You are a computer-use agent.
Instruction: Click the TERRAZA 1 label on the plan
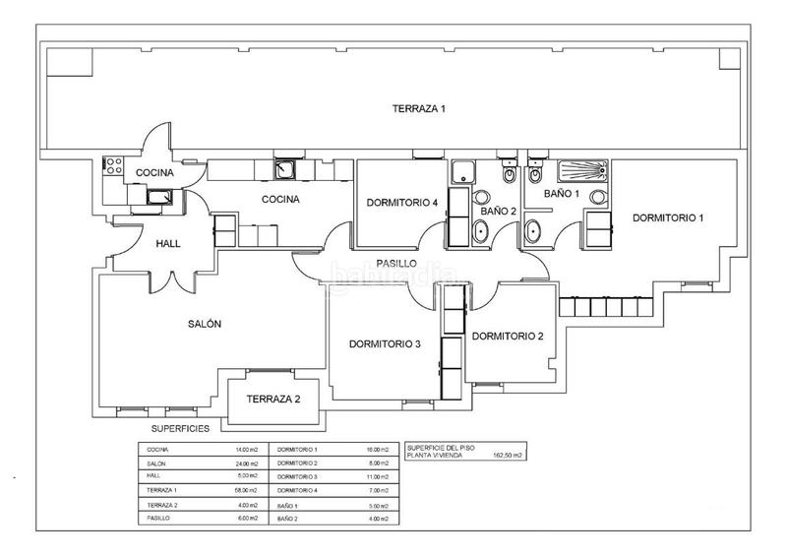[419, 108]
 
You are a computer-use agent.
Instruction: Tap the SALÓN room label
[204, 324]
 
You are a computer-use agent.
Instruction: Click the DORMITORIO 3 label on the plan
[385, 343]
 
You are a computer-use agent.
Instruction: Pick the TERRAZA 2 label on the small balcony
[273, 399]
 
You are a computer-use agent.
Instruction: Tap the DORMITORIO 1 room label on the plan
[668, 216]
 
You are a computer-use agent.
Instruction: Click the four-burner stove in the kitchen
[111, 166]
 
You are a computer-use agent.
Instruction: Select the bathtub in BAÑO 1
[581, 169]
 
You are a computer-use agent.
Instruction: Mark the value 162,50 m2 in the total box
[509, 456]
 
